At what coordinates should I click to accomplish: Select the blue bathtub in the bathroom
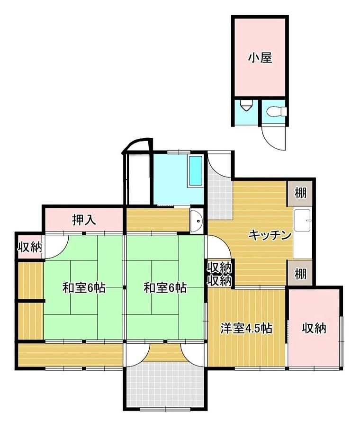[195, 171]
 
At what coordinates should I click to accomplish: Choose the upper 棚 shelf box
[300, 193]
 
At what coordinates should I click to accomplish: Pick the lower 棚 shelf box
[300, 274]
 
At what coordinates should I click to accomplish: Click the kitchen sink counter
[302, 233]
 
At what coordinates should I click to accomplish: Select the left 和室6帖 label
[84, 287]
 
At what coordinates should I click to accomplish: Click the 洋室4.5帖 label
[246, 328]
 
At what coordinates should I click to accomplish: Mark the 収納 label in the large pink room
[315, 328]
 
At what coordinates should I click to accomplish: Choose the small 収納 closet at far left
[29, 247]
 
